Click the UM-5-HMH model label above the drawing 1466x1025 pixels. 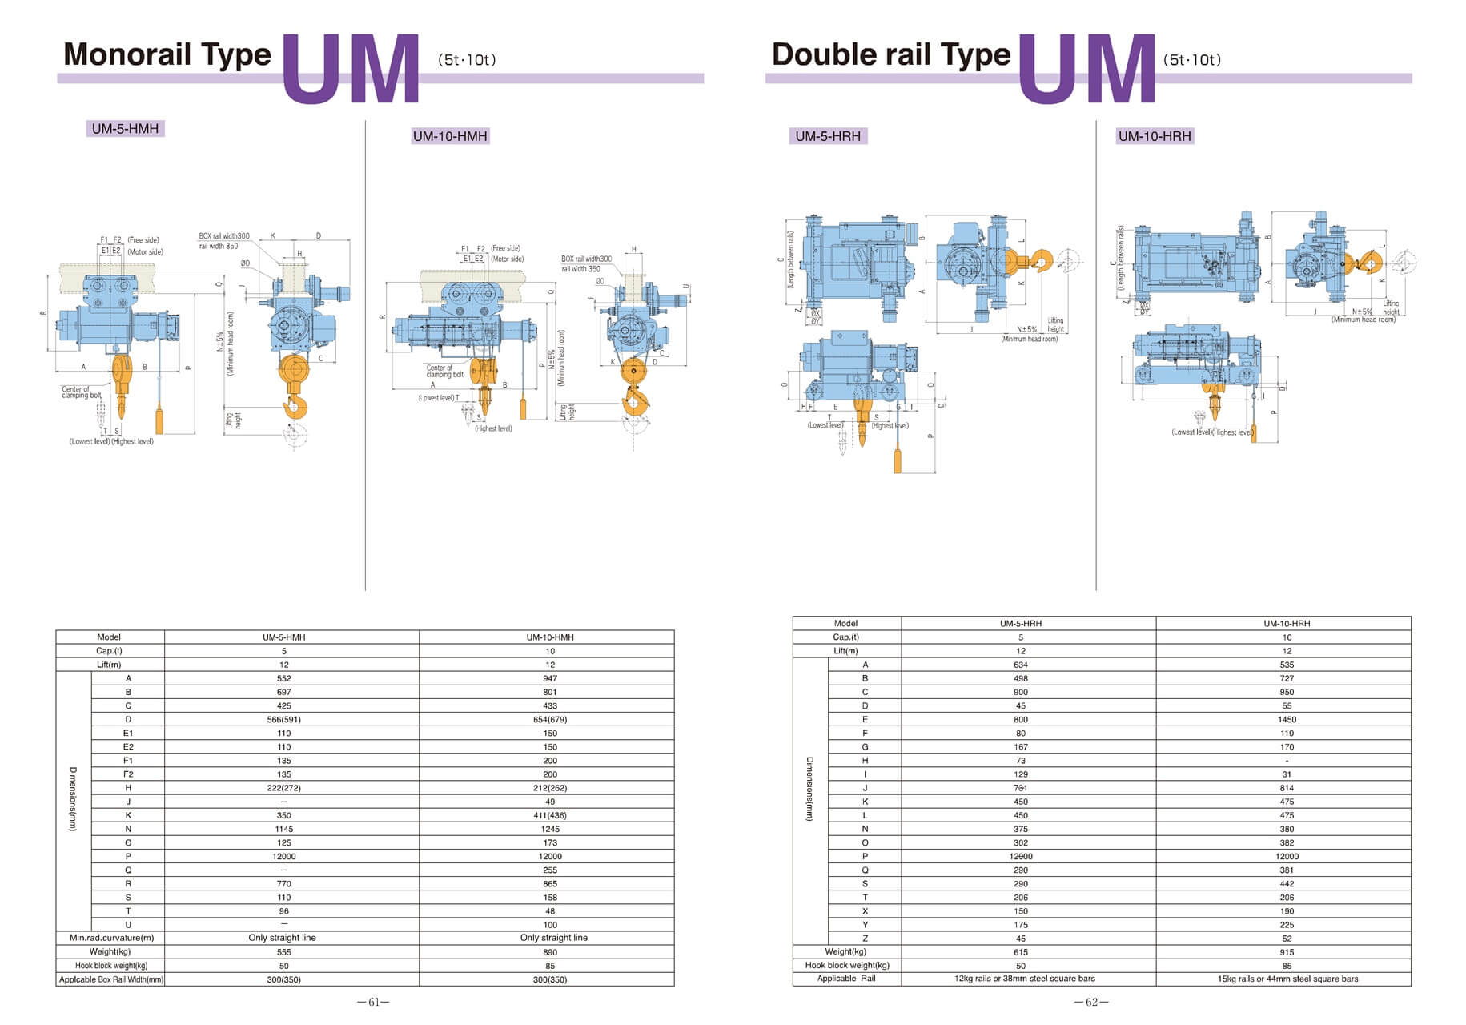(x=125, y=129)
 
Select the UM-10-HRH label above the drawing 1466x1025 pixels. (x=1155, y=136)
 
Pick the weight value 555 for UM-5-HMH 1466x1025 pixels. (x=283, y=952)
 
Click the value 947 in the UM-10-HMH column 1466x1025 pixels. (x=549, y=678)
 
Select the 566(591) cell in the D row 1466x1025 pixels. (x=283, y=719)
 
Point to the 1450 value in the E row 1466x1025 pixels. (x=1287, y=719)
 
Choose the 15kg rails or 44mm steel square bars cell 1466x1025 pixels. (x=1287, y=979)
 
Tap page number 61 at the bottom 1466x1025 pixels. (x=373, y=1002)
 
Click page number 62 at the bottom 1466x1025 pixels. (x=1091, y=1002)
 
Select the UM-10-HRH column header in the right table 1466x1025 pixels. (x=1287, y=623)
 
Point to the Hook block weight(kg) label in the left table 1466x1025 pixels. (x=111, y=965)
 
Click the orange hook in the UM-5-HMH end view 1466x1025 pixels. (x=295, y=404)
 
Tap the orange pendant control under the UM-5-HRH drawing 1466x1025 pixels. (x=898, y=461)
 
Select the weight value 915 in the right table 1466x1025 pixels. (x=1287, y=952)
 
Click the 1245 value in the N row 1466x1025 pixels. (x=549, y=829)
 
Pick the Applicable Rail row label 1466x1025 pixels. (x=846, y=979)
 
